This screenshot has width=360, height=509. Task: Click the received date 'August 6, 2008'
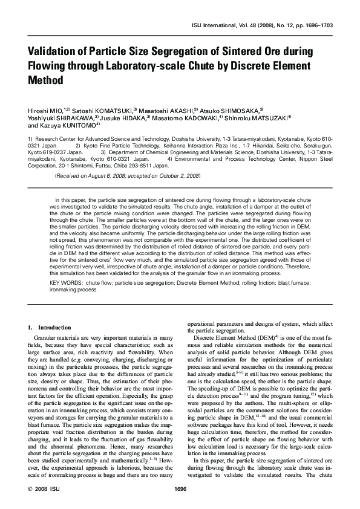click(x=102, y=175)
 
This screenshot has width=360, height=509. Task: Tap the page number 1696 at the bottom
click(x=179, y=488)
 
